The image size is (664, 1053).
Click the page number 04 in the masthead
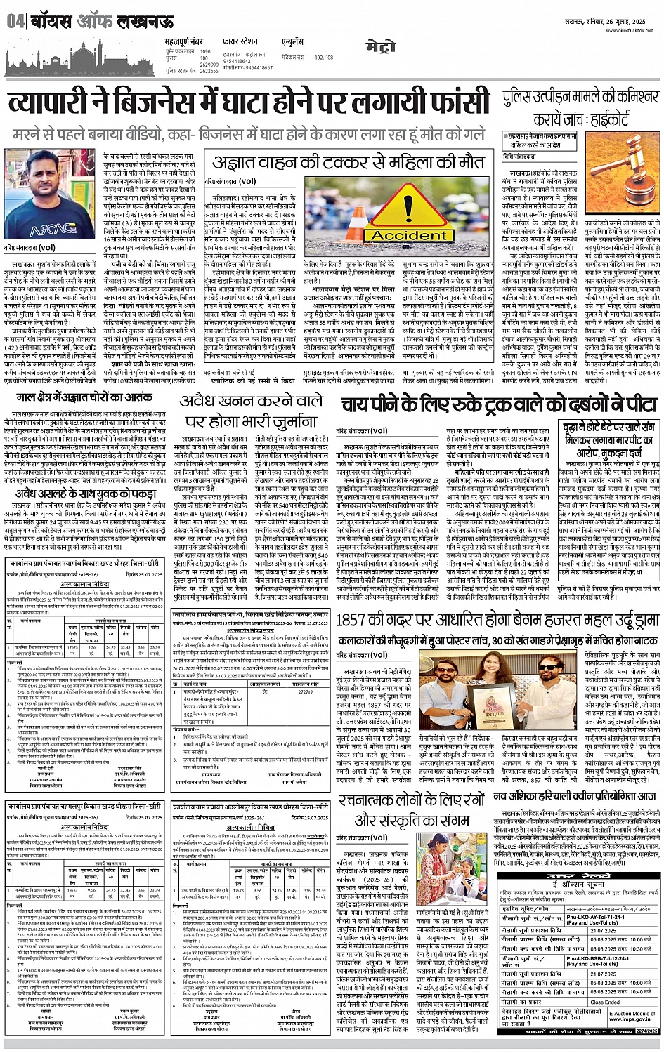coord(15,22)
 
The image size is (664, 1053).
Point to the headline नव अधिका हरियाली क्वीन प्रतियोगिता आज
coord(575,796)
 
